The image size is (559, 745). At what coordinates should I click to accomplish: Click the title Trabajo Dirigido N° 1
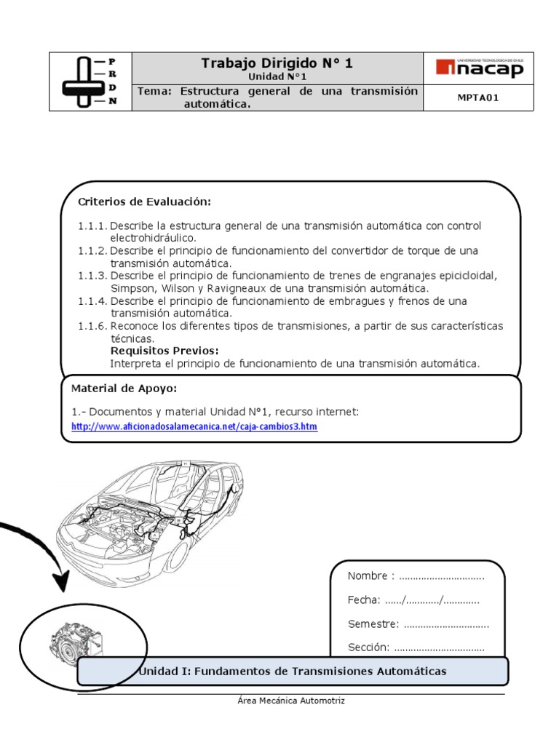[277, 63]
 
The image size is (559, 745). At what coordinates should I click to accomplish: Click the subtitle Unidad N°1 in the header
[277, 76]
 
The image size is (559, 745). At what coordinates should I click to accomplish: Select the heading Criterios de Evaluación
[144, 202]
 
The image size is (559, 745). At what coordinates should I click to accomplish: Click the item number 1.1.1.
[92, 226]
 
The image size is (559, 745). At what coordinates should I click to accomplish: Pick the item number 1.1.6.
[92, 326]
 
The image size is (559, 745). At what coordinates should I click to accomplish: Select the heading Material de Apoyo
[123, 388]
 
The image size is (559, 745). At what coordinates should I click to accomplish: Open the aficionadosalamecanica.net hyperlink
[194, 427]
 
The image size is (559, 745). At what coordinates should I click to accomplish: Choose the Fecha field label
[364, 600]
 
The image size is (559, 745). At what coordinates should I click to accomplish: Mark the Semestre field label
[373, 624]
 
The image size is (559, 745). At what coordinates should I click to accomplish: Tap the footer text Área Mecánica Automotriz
[290, 701]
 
